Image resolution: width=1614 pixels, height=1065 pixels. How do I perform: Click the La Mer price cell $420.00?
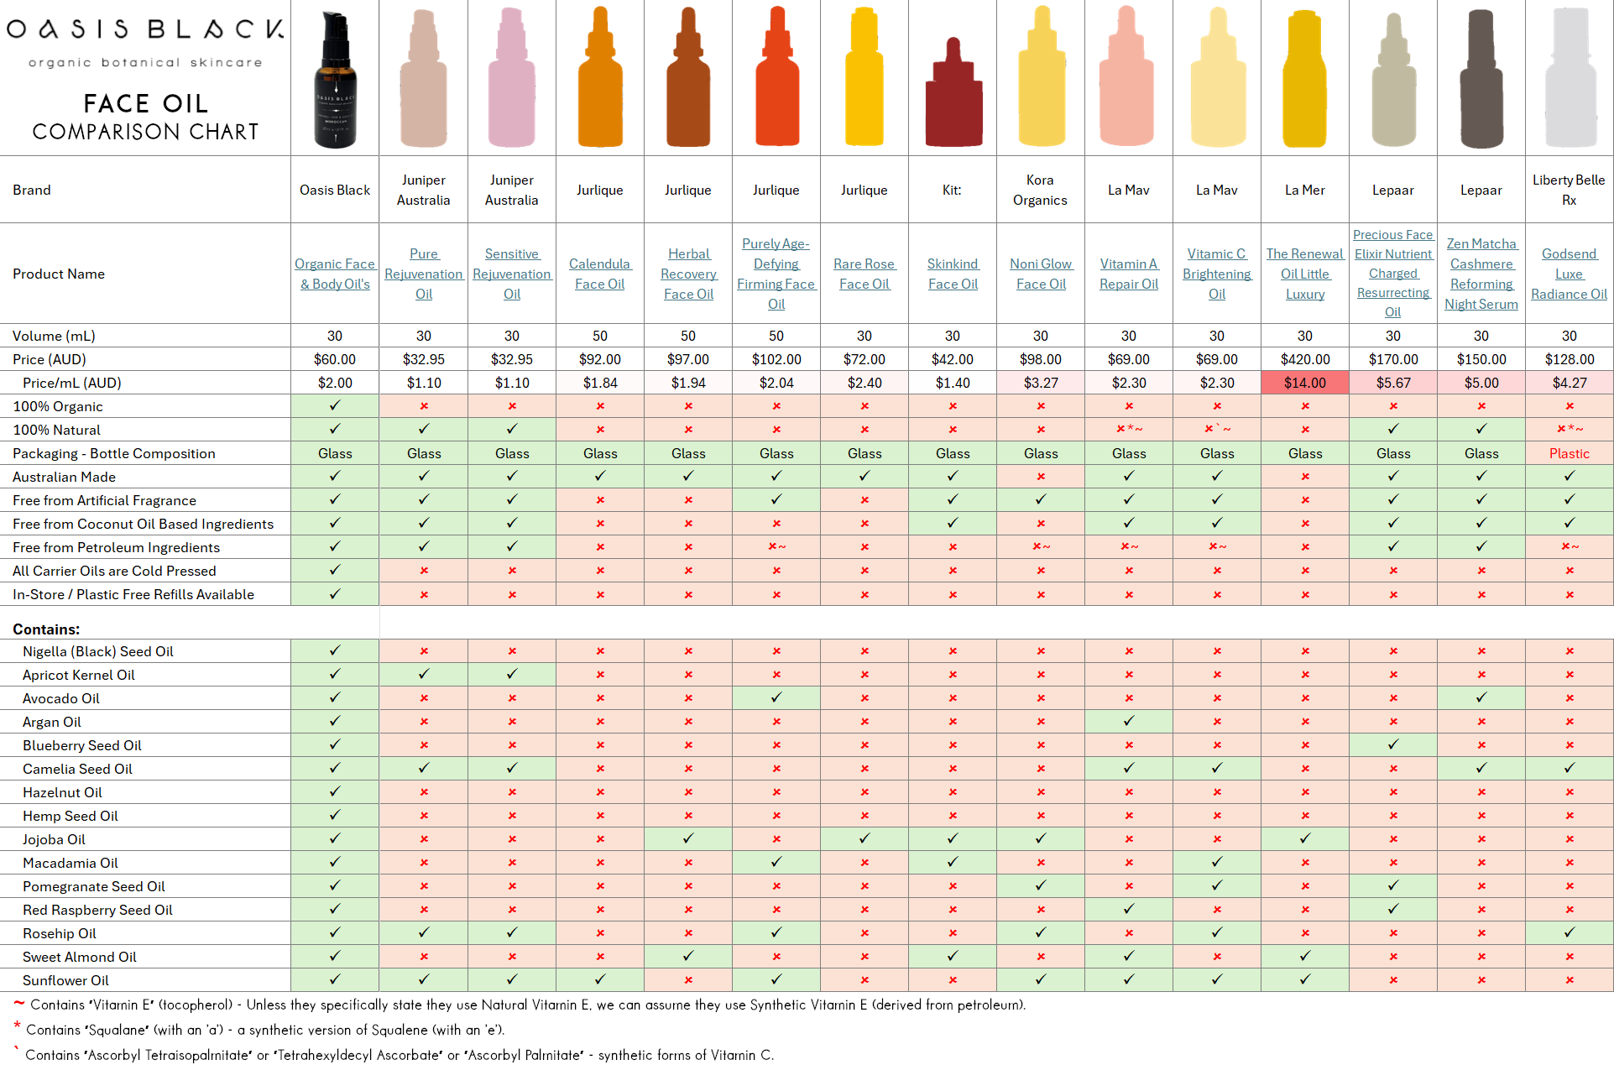tap(1304, 359)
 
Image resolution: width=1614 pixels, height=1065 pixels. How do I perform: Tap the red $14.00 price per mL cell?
tap(1304, 383)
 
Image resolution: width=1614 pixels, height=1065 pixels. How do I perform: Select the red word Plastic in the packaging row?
tap(1569, 453)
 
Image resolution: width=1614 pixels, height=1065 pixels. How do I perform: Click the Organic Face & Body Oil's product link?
tap(335, 274)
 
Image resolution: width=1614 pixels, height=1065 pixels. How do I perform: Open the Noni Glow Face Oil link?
tap(1041, 274)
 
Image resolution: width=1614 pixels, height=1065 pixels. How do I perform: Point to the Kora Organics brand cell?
tap(1040, 190)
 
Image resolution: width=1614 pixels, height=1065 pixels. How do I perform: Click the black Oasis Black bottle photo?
tap(335, 81)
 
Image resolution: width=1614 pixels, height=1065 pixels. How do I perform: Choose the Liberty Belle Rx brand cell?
tap(1568, 190)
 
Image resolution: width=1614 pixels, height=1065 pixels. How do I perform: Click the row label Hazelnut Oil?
tap(62, 792)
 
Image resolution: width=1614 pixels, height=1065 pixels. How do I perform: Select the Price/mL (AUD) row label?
tap(71, 383)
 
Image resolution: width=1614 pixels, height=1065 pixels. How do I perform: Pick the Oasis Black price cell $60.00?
tap(335, 359)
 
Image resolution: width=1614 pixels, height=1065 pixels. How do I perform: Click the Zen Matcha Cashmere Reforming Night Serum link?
tap(1481, 274)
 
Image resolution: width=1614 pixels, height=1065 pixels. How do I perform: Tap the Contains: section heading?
tap(46, 629)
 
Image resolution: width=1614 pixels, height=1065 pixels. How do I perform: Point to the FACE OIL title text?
tap(145, 103)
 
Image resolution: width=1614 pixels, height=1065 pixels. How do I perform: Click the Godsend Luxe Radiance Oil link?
tap(1568, 274)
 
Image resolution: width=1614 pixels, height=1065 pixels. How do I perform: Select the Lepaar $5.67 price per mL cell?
tap(1392, 383)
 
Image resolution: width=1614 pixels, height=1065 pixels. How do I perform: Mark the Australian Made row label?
tap(64, 477)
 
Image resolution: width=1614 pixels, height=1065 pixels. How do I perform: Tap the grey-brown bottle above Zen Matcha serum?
tap(1481, 81)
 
